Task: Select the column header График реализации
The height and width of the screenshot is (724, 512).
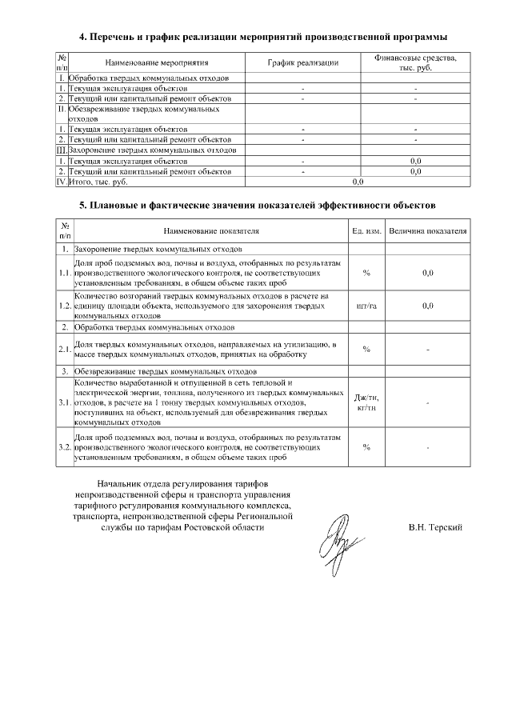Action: [303, 62]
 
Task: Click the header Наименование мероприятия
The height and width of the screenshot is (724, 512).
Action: [156, 62]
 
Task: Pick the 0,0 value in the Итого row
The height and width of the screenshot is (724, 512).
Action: [358, 182]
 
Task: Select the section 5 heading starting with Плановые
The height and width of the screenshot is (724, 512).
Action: [257, 206]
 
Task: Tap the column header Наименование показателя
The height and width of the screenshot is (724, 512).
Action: [212, 231]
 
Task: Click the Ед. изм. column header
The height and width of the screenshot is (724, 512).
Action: [366, 231]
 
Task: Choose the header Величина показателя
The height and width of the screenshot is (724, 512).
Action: [427, 231]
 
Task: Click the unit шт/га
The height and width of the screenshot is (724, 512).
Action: [366, 306]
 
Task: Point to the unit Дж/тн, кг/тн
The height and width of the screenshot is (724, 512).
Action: [366, 403]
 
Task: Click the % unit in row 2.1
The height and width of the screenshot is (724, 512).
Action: [366, 349]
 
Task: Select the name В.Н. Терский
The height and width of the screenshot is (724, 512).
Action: [434, 528]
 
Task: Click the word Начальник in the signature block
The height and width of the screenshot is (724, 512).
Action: [119, 485]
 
